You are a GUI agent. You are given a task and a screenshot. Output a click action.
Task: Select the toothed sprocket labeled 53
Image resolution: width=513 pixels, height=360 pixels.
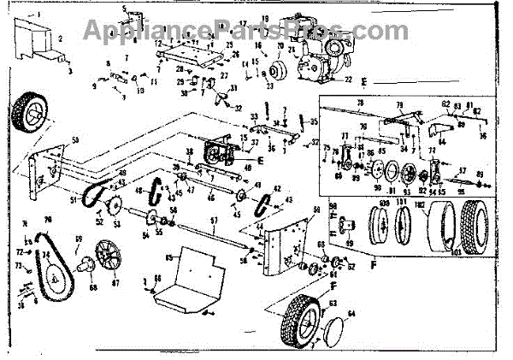[x=109, y=208]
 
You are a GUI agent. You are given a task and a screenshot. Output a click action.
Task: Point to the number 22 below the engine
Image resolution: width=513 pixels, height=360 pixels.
[x=348, y=79]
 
